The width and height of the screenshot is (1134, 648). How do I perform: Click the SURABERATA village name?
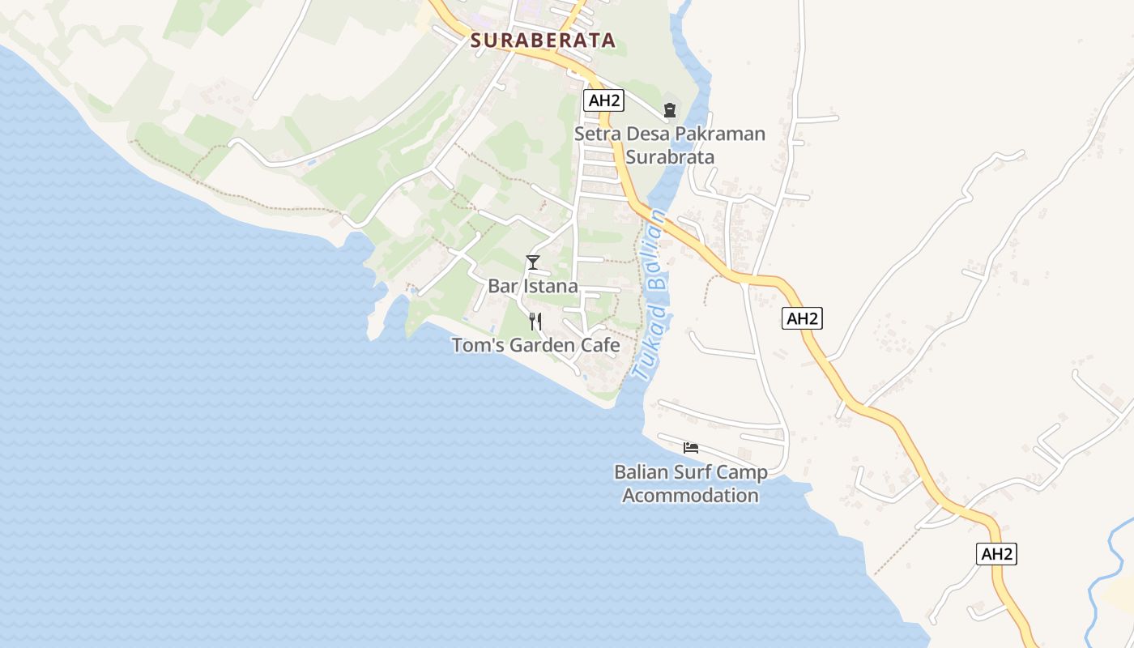click(x=543, y=40)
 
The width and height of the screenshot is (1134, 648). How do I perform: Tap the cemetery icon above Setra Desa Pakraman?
click(x=670, y=109)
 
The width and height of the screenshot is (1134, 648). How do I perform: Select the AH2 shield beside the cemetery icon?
click(x=603, y=100)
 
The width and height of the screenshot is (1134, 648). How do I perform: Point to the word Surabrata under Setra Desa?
click(x=670, y=156)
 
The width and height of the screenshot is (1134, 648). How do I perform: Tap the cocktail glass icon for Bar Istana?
click(x=533, y=262)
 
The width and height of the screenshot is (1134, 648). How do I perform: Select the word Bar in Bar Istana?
click(x=502, y=286)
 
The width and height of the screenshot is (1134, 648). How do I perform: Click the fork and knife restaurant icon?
click(x=535, y=322)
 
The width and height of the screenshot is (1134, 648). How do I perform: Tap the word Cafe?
click(x=601, y=346)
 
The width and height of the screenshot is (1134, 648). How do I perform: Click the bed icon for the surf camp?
click(x=691, y=447)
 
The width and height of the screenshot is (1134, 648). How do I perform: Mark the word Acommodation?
click(x=691, y=495)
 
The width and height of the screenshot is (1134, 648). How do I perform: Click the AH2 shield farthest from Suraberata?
click(x=996, y=554)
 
